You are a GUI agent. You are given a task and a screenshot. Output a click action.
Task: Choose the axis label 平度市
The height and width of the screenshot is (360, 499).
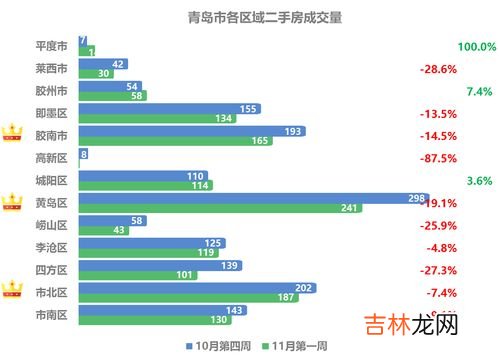point(50,47)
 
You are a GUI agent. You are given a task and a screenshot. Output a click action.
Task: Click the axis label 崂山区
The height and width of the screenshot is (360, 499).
point(50,225)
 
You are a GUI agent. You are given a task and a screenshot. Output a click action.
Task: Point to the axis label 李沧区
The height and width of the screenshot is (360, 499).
point(50,247)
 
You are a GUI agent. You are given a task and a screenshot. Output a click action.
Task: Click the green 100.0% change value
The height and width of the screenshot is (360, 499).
point(476,47)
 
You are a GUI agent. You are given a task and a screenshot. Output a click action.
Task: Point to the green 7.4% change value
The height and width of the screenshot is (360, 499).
point(480,91)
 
